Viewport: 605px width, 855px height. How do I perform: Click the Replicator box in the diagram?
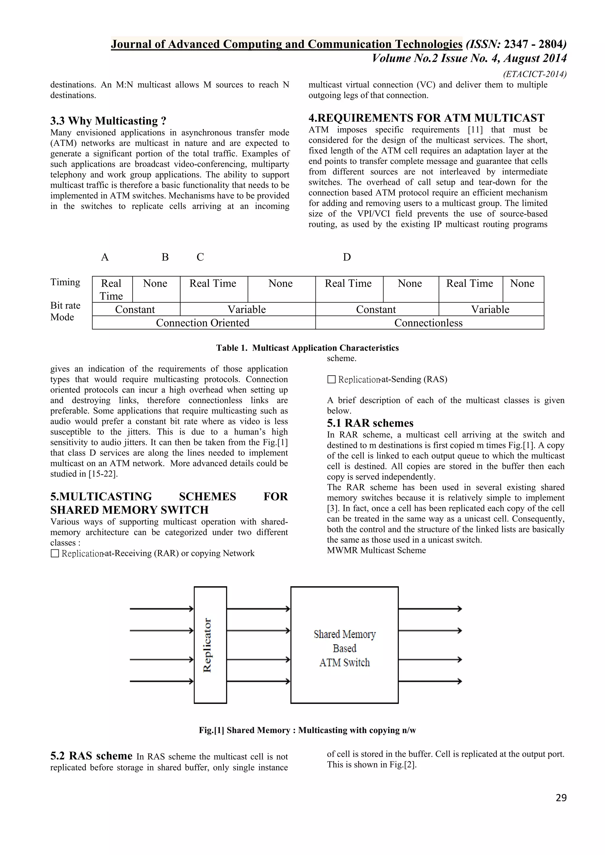pos(210,645)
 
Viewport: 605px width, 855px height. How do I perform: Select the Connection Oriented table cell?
pos(203,323)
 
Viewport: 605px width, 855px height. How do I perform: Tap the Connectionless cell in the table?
pos(428,323)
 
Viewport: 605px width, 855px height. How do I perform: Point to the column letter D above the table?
pos(347,257)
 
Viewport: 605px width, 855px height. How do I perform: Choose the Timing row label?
pos(65,282)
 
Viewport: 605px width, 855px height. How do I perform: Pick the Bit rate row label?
pos(65,305)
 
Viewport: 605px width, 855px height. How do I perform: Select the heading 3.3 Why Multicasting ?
pos(108,121)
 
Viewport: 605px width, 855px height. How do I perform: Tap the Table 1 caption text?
pos(307,348)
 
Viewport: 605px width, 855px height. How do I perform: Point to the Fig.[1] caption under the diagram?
pos(307,730)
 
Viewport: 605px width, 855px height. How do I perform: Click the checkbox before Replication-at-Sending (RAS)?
pos(331,379)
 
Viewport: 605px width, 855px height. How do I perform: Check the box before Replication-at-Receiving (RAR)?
pos(55,553)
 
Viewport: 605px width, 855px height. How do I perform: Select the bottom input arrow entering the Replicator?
pos(161,681)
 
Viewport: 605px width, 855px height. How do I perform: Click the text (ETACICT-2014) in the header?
pos(535,74)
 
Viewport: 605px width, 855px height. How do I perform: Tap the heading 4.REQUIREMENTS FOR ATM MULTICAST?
pos(426,118)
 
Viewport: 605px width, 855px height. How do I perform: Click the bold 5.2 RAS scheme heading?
pos(91,756)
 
